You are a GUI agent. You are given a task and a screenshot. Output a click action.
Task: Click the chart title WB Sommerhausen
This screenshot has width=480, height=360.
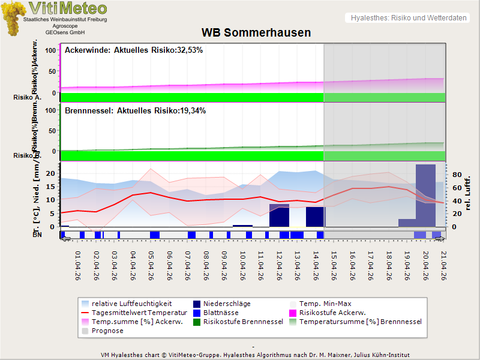coord(256,32)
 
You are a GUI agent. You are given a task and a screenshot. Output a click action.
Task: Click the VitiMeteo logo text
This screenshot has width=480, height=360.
coord(68,8)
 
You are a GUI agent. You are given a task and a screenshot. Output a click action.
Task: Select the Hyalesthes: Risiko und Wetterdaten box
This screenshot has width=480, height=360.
coord(408,18)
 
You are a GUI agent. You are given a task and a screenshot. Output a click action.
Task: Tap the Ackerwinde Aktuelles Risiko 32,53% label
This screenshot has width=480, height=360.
coord(134,50)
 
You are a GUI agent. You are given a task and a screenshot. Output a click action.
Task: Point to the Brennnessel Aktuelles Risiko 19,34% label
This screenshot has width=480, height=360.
coord(135,111)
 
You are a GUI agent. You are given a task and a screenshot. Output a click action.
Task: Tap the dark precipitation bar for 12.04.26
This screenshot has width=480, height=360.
coord(279,215)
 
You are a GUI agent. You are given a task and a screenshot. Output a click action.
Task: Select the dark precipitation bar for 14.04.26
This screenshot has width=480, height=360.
coord(315,217)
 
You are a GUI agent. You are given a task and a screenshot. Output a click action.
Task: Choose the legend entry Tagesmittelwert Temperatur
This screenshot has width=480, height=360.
coord(130,313)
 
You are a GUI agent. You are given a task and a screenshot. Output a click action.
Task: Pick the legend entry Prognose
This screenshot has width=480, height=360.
coord(107,331)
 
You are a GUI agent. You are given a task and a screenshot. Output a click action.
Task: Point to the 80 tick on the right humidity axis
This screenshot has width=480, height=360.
coord(455,175)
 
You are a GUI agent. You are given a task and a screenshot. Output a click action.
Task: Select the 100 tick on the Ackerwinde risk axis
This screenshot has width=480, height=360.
coord(51,50)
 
